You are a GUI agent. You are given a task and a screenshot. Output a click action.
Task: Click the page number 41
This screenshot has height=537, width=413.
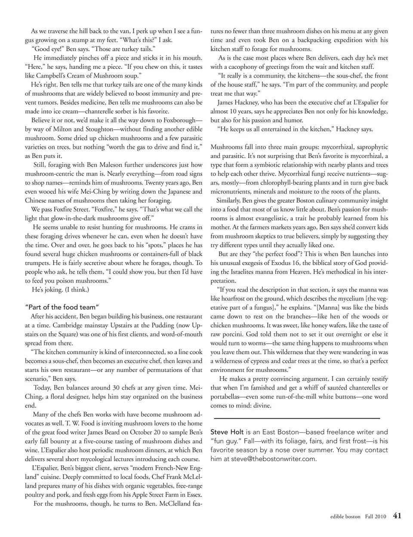[x=397, y=516]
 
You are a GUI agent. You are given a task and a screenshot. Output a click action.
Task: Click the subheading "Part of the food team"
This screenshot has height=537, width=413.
[x=62, y=307]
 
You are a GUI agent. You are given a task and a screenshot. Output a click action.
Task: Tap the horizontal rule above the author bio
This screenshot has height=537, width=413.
[x=297, y=418]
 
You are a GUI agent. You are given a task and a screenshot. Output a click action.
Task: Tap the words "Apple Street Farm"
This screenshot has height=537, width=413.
[x=149, y=495]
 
